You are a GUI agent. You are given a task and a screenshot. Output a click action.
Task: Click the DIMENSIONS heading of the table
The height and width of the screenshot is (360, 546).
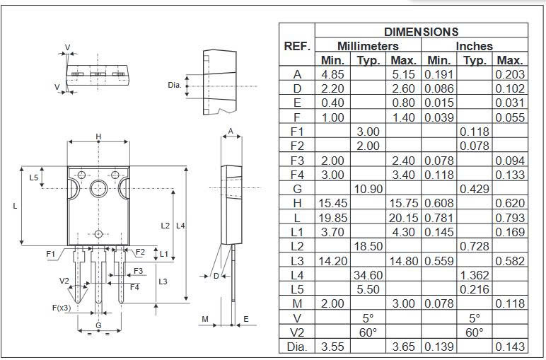(x=421, y=32)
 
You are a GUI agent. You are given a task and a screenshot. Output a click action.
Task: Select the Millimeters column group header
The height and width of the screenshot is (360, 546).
(x=368, y=46)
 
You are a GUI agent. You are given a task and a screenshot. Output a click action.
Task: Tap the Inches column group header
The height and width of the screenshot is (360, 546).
(x=474, y=46)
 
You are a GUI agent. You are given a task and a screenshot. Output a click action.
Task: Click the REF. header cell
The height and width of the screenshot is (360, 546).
(x=297, y=46)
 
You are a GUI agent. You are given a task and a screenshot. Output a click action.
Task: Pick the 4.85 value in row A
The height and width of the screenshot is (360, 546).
(x=332, y=74)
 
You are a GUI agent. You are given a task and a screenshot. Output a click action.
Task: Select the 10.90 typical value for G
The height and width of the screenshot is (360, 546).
(x=368, y=189)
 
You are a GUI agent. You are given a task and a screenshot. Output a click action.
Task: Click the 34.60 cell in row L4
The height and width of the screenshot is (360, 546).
(x=368, y=274)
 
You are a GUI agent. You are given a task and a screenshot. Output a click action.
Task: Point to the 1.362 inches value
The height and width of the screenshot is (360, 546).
(x=475, y=274)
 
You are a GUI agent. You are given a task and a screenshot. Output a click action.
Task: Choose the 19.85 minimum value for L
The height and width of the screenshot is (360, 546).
(x=332, y=217)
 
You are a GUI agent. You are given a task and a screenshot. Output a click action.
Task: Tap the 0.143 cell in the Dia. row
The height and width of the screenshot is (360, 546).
(x=510, y=347)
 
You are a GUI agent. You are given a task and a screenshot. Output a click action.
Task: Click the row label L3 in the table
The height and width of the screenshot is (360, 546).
(x=297, y=260)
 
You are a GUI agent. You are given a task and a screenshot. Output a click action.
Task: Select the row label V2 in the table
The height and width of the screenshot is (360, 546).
(x=297, y=332)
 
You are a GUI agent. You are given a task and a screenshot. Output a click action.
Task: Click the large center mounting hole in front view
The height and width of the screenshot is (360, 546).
(x=98, y=187)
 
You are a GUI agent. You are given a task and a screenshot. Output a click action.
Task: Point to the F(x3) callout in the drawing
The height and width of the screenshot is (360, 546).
(x=62, y=308)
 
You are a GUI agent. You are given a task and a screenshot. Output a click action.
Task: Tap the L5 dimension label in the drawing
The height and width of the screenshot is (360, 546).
(x=33, y=178)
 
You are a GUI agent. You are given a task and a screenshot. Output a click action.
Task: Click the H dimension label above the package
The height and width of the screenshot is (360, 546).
(x=98, y=137)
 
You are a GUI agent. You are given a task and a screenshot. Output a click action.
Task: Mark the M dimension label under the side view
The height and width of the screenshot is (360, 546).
(x=205, y=320)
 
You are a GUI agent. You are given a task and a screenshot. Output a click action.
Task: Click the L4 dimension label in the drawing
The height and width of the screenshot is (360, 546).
(x=180, y=226)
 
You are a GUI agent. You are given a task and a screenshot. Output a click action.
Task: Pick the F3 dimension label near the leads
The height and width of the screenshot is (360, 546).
(x=139, y=271)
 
